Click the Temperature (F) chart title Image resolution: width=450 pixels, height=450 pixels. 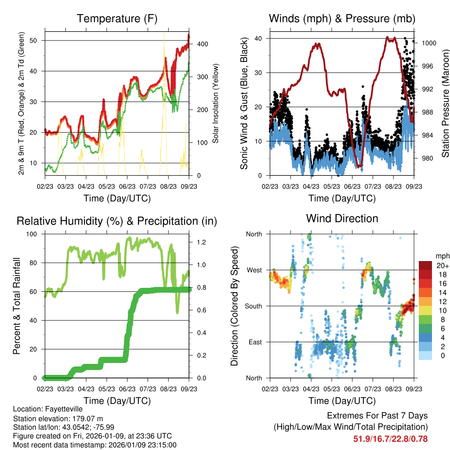pos(117,19)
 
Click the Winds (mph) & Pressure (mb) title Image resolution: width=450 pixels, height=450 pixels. pos(342,19)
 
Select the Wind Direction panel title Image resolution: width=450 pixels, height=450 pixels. pos(342,218)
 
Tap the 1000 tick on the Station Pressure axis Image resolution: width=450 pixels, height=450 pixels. pos(428,43)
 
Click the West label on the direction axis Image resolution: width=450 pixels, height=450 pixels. pos(254,270)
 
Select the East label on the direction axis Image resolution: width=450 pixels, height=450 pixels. pos(254,342)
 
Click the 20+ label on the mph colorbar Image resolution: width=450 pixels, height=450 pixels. pos(442,265)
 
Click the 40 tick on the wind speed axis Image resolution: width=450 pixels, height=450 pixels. pos(259,38)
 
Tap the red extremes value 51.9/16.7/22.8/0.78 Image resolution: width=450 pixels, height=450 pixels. pos(390,439)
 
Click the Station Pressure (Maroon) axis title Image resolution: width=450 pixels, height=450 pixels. pos(445,103)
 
